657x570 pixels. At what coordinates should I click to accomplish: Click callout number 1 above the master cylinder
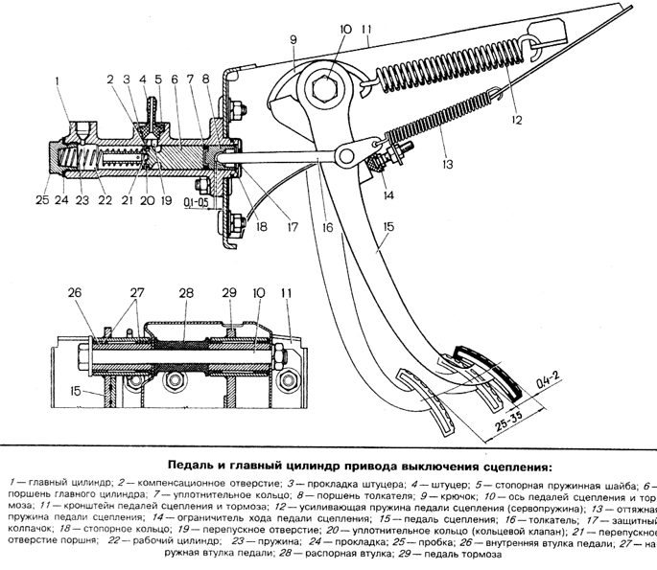pos(59,80)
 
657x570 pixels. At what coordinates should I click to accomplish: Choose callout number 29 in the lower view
pos(229,291)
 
